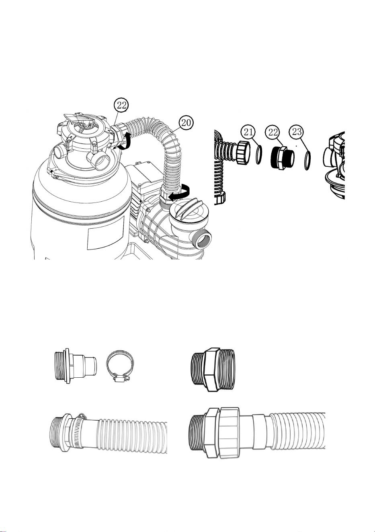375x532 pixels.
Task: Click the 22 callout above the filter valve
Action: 122,105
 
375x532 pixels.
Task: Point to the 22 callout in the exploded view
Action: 273,132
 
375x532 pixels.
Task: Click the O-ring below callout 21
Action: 259,155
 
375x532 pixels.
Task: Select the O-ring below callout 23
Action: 308,161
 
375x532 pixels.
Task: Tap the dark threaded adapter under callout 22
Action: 282,158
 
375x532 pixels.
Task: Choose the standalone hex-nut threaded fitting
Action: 213,369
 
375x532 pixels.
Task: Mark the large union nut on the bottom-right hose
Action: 230,430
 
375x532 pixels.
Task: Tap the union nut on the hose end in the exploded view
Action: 242,153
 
